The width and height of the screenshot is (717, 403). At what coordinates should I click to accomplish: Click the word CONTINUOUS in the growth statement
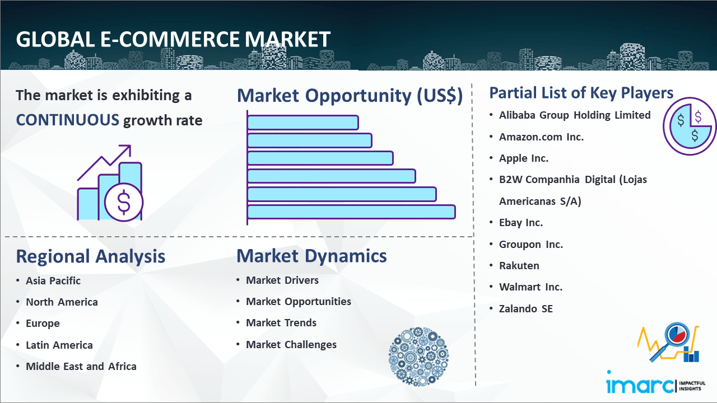pos(68,120)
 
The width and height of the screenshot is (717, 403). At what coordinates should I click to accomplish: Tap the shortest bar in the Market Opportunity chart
pos(303,123)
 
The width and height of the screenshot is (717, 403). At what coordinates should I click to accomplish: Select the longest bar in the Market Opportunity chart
pos(351,212)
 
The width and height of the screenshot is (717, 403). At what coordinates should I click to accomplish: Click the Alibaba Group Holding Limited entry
pos(575,115)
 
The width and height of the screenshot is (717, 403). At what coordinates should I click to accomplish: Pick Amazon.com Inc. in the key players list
pos(541,137)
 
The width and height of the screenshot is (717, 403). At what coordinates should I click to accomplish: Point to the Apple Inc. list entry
pos(524,158)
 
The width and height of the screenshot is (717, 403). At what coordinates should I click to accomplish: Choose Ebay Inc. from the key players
pos(521,223)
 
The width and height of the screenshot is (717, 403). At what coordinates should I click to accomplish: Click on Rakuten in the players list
pos(519,265)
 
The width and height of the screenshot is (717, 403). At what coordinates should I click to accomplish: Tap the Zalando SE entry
pos(526,308)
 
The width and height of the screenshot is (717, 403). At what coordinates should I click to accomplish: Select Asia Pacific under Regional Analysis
pos(53,281)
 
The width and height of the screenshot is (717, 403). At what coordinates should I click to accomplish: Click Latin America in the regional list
pos(59,345)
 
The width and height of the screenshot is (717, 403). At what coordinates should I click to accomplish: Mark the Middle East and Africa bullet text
pos(81,367)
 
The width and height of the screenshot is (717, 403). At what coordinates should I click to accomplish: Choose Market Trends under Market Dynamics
pos(281,323)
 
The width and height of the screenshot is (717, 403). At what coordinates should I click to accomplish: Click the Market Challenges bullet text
pos(291,344)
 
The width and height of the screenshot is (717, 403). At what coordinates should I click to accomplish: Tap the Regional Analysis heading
pos(91,256)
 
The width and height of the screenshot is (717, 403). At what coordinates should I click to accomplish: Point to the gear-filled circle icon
pos(418,357)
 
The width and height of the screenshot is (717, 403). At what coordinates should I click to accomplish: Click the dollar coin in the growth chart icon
pos(124,203)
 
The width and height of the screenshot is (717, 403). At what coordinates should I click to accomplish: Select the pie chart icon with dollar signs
pos(689,126)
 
